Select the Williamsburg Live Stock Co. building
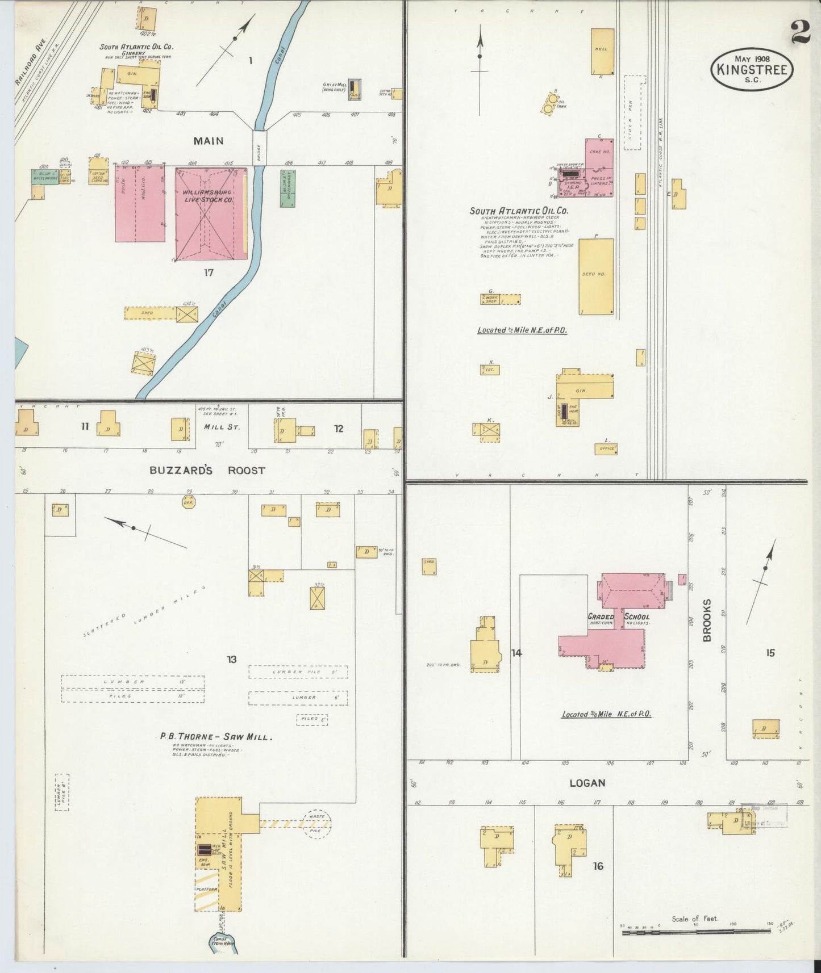click(x=211, y=213)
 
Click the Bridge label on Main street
click(x=259, y=149)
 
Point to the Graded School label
click(x=619, y=616)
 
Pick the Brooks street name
click(x=707, y=620)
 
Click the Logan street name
click(x=587, y=783)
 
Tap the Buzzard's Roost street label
click(x=207, y=471)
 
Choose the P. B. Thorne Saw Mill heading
click(x=216, y=737)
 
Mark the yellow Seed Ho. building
click(x=596, y=276)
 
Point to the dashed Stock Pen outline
click(x=636, y=112)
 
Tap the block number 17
click(x=209, y=273)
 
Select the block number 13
click(x=231, y=660)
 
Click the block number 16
click(x=598, y=866)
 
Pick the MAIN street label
click(x=208, y=141)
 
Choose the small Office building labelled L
click(x=606, y=449)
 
